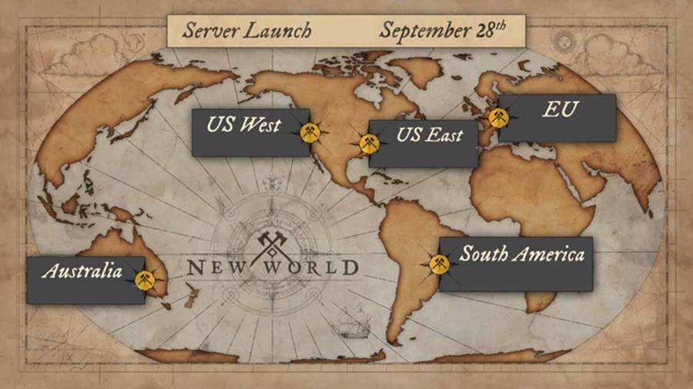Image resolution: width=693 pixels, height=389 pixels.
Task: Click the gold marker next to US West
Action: [x=310, y=132]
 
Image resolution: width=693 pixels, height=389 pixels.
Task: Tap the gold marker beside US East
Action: [x=369, y=144]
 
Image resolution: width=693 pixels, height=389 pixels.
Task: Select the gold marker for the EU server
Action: [x=498, y=118]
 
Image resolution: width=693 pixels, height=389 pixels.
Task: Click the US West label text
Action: [x=243, y=124]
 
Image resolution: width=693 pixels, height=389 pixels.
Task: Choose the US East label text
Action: [x=430, y=136]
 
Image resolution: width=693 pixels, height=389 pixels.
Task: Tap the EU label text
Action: [x=560, y=110]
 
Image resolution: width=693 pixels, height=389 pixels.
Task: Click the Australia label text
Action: [x=82, y=271]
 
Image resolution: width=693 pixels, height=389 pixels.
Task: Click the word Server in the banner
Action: [x=209, y=32]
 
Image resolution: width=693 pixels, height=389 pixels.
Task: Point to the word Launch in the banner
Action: [x=278, y=32]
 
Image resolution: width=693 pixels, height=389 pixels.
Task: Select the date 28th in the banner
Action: [x=491, y=31]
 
